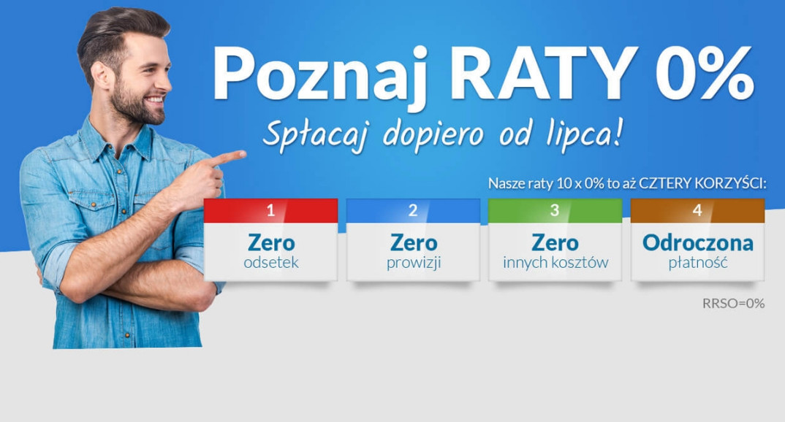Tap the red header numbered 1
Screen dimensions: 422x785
click(270, 211)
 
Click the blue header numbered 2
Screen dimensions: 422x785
click(413, 211)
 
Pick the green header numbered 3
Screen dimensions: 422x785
click(555, 211)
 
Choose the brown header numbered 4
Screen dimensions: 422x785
click(697, 211)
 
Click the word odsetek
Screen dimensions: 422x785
click(270, 263)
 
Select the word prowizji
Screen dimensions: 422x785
click(413, 263)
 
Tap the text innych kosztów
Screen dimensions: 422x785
click(555, 263)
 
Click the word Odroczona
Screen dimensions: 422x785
click(697, 242)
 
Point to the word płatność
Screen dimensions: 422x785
click(697, 263)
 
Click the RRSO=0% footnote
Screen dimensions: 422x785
click(733, 303)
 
